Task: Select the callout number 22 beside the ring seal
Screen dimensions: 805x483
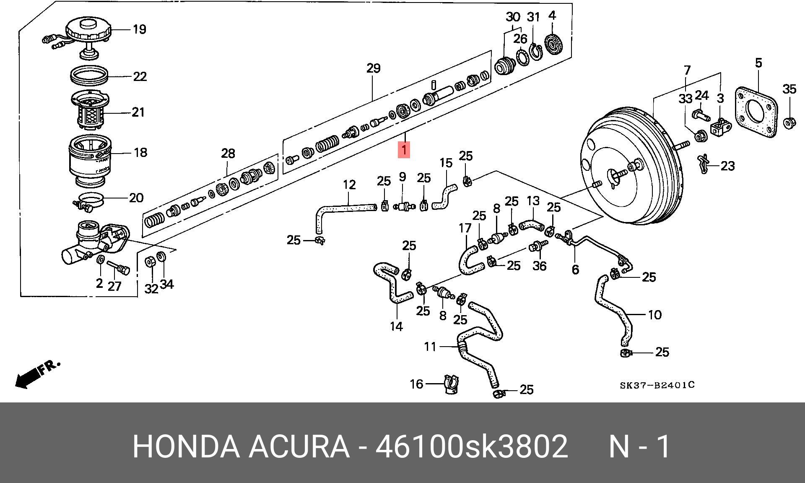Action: pyautogui.click(x=140, y=76)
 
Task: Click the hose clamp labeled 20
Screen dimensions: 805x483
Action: pyautogui.click(x=90, y=200)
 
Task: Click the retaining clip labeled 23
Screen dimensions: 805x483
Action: pyautogui.click(x=704, y=164)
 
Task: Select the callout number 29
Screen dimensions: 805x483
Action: pyautogui.click(x=373, y=68)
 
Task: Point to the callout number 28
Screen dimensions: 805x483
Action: pyautogui.click(x=228, y=153)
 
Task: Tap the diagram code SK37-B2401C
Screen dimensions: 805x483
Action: pyautogui.click(x=657, y=384)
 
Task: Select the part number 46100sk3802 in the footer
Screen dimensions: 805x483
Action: pyautogui.click(x=471, y=446)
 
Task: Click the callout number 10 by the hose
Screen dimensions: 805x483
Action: pyautogui.click(x=654, y=315)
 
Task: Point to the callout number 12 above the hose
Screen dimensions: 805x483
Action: pyautogui.click(x=349, y=185)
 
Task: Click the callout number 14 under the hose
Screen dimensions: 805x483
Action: pyautogui.click(x=396, y=326)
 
